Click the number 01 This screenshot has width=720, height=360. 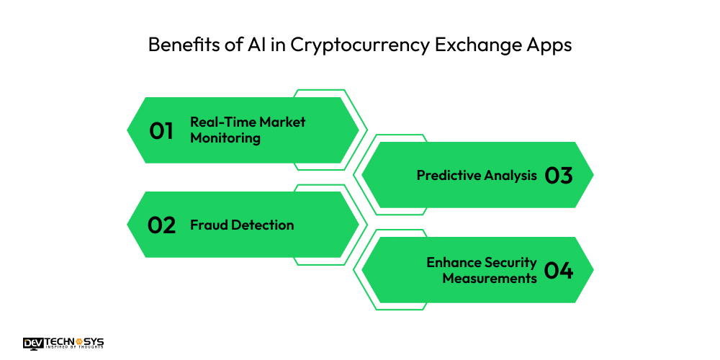161,130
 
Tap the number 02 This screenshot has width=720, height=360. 161,225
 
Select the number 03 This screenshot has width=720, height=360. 559,176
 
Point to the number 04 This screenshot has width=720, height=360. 559,271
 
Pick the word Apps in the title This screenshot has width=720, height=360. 549,45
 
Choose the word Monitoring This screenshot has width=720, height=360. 225,138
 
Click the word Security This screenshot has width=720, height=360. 510,262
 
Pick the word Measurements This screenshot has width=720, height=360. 490,278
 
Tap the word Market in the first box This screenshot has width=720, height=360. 283,122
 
